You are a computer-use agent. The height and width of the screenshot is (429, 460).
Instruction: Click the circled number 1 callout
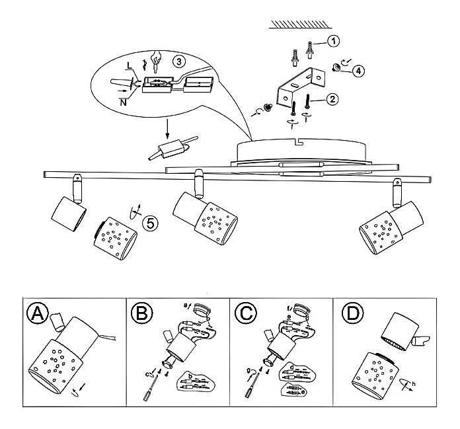pyautogui.click(x=334, y=42)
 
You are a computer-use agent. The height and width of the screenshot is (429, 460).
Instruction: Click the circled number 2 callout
pyautogui.click(x=333, y=99)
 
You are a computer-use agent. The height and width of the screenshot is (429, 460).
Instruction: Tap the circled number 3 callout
pyautogui.click(x=178, y=61)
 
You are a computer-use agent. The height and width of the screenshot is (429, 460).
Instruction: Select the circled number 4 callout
pyautogui.click(x=358, y=71)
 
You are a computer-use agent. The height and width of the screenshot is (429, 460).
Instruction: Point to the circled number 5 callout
pyautogui.click(x=152, y=223)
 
